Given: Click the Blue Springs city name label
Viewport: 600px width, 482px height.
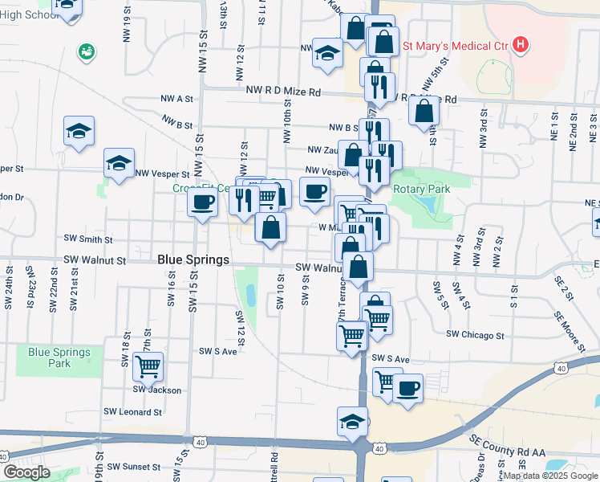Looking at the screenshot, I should coord(193,259).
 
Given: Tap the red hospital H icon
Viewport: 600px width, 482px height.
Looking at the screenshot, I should coord(521,44).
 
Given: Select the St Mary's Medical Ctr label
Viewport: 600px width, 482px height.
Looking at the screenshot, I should coord(455,45).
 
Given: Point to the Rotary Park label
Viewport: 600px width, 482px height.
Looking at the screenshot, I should coord(421,189).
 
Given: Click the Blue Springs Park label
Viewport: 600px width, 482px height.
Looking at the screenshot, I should coord(59,357).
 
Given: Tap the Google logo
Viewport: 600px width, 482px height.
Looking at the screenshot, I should coord(26,472).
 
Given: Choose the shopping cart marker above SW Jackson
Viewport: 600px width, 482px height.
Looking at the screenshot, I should coord(148,366).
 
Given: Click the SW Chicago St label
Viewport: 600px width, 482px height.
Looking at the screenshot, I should coord(475,335).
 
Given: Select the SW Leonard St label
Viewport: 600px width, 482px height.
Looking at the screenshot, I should coord(135,412).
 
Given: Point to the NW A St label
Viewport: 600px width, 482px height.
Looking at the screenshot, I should coord(176,99).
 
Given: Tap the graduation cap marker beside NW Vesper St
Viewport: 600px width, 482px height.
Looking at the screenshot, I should coord(119,164).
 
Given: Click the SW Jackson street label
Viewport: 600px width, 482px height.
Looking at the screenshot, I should coord(156,390).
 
